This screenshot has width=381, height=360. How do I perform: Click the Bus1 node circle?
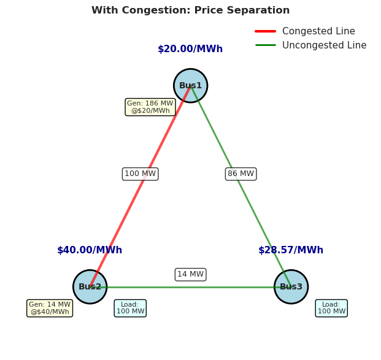[x=190, y=85]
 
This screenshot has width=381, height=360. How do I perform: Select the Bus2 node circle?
[x=90, y=286]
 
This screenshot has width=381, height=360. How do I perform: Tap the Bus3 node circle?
[x=291, y=286]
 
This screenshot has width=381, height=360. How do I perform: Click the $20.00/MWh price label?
[x=190, y=49]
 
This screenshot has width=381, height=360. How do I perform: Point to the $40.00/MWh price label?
[x=90, y=250]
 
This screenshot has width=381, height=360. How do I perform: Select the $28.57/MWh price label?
[x=291, y=250]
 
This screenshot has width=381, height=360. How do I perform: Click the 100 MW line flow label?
[x=140, y=174]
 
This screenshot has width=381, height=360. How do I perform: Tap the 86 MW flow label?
[x=241, y=174]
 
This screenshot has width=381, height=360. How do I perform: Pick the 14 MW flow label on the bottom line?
[x=190, y=274]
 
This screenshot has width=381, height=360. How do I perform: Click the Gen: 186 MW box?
[x=150, y=107]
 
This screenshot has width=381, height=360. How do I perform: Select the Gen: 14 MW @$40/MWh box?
[x=50, y=308]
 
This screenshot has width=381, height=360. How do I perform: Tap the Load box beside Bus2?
[x=130, y=308]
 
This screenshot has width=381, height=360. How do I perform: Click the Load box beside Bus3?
[x=331, y=308]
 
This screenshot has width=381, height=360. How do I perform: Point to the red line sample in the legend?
[x=265, y=31]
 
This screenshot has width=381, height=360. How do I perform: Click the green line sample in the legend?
[x=265, y=45]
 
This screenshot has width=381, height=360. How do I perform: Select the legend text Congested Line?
[x=318, y=31]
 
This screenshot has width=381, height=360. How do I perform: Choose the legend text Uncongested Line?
[x=324, y=45]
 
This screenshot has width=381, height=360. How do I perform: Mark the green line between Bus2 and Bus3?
[x=190, y=288]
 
